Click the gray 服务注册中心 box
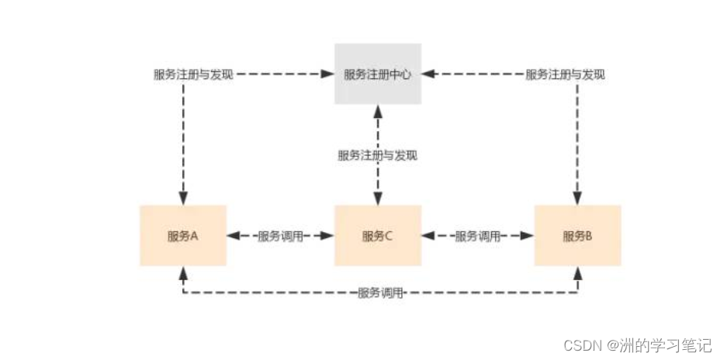(x=378, y=74)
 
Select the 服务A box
(x=183, y=236)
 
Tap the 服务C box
(x=378, y=236)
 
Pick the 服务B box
(x=577, y=236)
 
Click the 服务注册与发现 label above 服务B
(x=565, y=74)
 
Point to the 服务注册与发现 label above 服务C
(x=378, y=155)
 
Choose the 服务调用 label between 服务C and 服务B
(x=477, y=236)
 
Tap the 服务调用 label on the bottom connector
(x=380, y=293)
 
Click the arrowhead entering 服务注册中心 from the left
(x=329, y=74)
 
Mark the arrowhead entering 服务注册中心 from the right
(x=428, y=74)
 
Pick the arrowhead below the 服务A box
(x=183, y=272)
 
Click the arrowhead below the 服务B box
(x=577, y=272)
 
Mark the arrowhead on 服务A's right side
(x=233, y=236)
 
